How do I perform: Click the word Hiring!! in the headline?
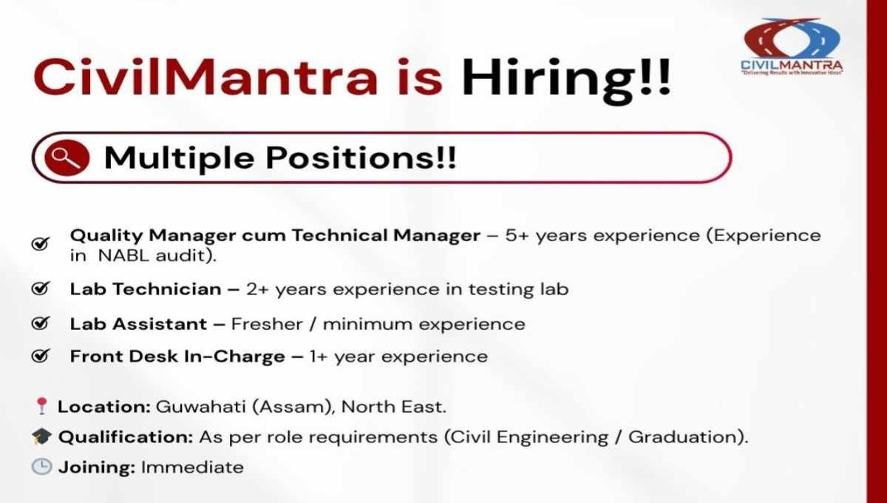[566, 81]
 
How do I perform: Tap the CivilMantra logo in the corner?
[792, 47]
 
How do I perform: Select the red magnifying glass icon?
[67, 158]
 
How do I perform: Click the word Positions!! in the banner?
[361, 158]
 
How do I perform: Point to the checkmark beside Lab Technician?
[41, 288]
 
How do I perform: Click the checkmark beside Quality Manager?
[41, 243]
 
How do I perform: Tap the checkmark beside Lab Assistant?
[41, 323]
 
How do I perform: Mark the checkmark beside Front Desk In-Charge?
[41, 356]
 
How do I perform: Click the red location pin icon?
[41, 406]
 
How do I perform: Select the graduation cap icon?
[41, 436]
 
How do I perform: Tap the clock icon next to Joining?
[41, 467]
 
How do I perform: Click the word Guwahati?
[201, 407]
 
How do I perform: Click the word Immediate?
[192, 467]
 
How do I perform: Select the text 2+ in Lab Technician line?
[258, 289]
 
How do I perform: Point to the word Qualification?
[126, 438]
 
